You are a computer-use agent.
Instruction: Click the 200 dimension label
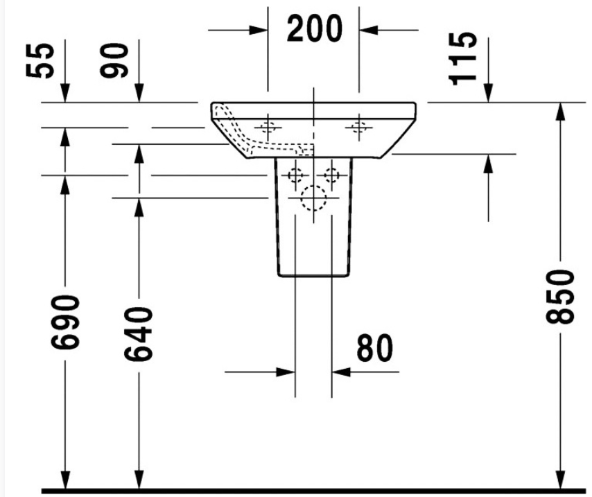point(315,28)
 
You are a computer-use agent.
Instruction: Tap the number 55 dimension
point(40,61)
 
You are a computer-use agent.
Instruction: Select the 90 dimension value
point(114,60)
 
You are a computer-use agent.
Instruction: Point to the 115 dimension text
point(462,58)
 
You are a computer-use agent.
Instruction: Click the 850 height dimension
point(560,297)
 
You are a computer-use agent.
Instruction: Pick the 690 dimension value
point(65,322)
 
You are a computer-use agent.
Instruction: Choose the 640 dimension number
point(139,334)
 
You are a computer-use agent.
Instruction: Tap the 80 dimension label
point(374,348)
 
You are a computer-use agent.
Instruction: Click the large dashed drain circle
point(313,198)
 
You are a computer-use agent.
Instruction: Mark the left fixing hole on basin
point(268,128)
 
